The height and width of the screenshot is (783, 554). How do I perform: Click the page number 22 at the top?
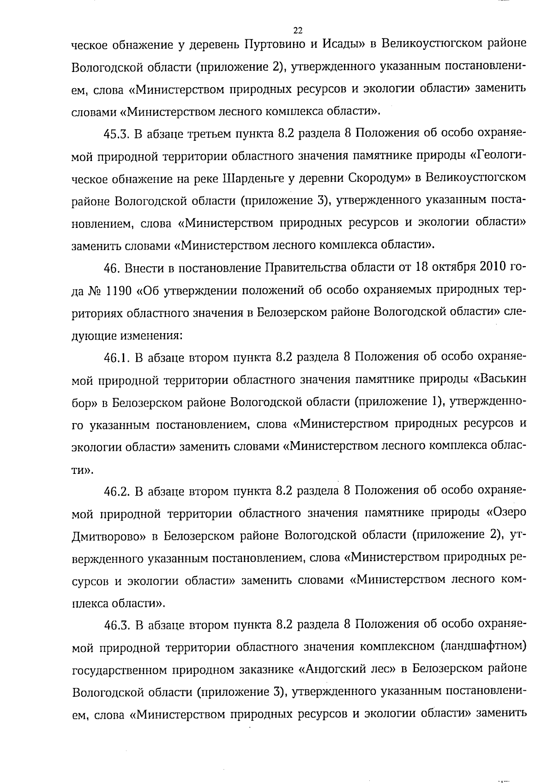pyautogui.click(x=297, y=30)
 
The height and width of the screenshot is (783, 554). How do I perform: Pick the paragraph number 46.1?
pyautogui.click(x=116, y=358)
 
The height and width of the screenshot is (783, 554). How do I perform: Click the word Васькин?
pyautogui.click(x=504, y=380)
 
